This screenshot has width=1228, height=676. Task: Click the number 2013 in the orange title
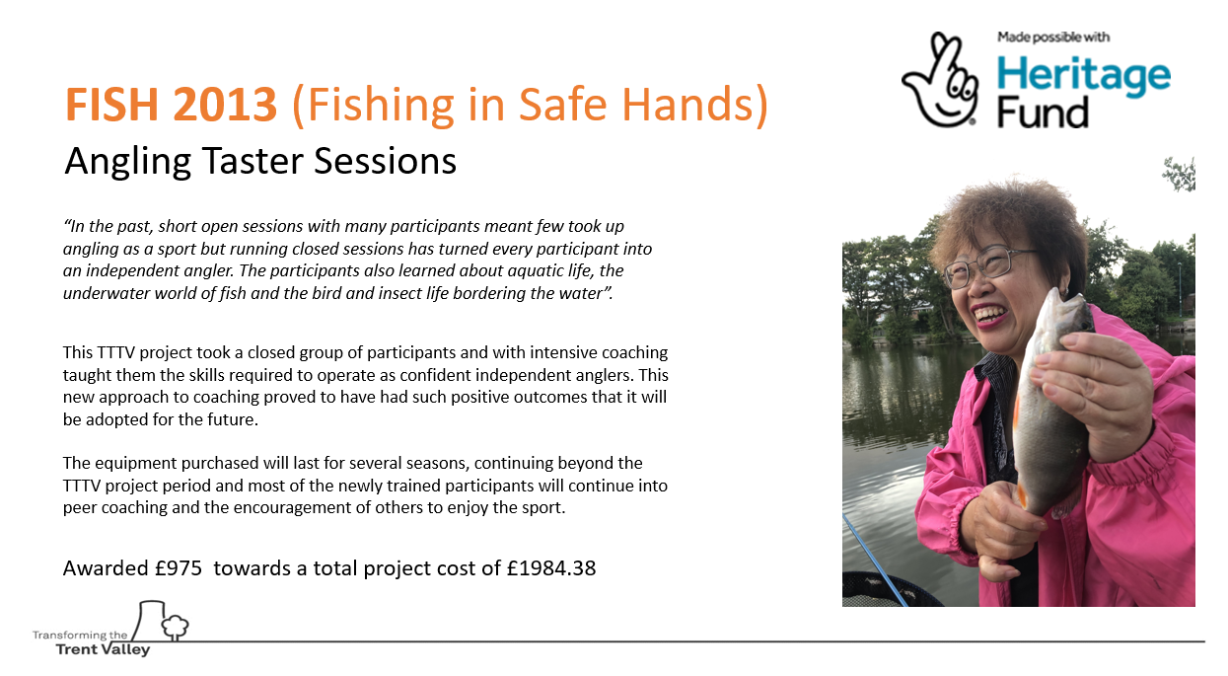[x=225, y=105]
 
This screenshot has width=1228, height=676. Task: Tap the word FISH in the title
[x=111, y=105]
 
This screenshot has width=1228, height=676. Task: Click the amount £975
[x=179, y=567]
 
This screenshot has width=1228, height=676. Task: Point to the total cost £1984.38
[x=551, y=567]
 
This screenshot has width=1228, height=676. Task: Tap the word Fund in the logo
[x=1043, y=113]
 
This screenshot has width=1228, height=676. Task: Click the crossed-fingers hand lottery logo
[x=940, y=80]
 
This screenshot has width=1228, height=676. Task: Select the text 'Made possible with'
[x=1053, y=38]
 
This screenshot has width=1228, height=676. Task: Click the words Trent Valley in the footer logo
[x=103, y=649]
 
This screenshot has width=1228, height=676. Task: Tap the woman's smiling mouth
[x=989, y=315]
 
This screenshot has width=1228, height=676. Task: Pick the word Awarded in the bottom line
[x=106, y=567]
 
